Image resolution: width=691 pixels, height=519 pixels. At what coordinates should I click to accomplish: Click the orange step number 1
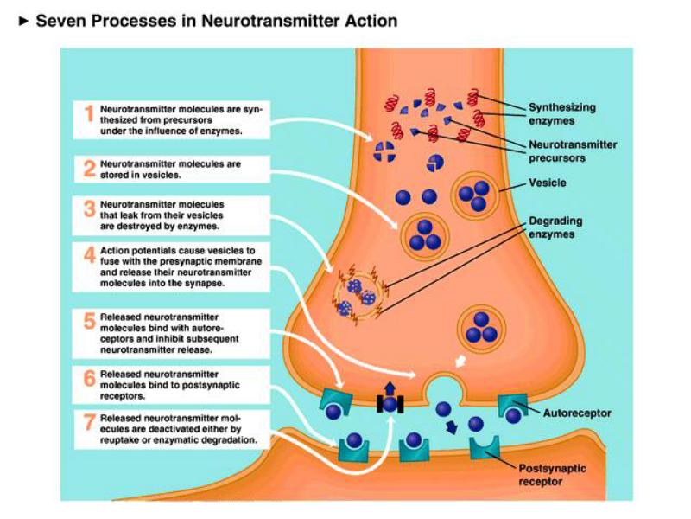(x=90, y=113)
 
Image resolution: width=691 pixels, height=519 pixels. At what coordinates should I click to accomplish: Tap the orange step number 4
(x=90, y=255)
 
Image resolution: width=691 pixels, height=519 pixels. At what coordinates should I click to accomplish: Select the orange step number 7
(x=90, y=422)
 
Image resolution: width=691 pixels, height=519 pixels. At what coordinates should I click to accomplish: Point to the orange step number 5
(x=90, y=321)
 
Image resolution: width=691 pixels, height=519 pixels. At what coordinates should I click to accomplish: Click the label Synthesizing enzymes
(x=562, y=114)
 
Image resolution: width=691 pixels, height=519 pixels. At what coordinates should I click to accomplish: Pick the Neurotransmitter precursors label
(x=573, y=151)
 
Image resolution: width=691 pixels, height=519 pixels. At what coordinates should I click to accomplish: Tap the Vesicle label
(x=548, y=183)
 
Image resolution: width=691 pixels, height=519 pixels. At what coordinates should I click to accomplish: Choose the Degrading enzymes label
(x=555, y=227)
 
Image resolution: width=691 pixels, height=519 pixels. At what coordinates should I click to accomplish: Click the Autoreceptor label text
(x=577, y=413)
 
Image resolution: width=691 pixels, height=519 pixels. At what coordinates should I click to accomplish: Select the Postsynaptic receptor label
(x=552, y=475)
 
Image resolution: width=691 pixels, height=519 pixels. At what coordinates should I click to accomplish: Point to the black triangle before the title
(x=24, y=21)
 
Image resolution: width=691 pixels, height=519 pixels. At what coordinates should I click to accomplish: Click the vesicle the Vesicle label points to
(x=474, y=196)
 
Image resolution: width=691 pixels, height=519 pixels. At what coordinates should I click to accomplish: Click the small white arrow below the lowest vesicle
(x=460, y=361)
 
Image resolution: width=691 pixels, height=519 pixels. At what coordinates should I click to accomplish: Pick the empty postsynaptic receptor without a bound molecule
(x=485, y=448)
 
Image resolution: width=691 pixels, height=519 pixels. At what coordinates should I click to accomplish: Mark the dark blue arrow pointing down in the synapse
(x=451, y=427)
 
